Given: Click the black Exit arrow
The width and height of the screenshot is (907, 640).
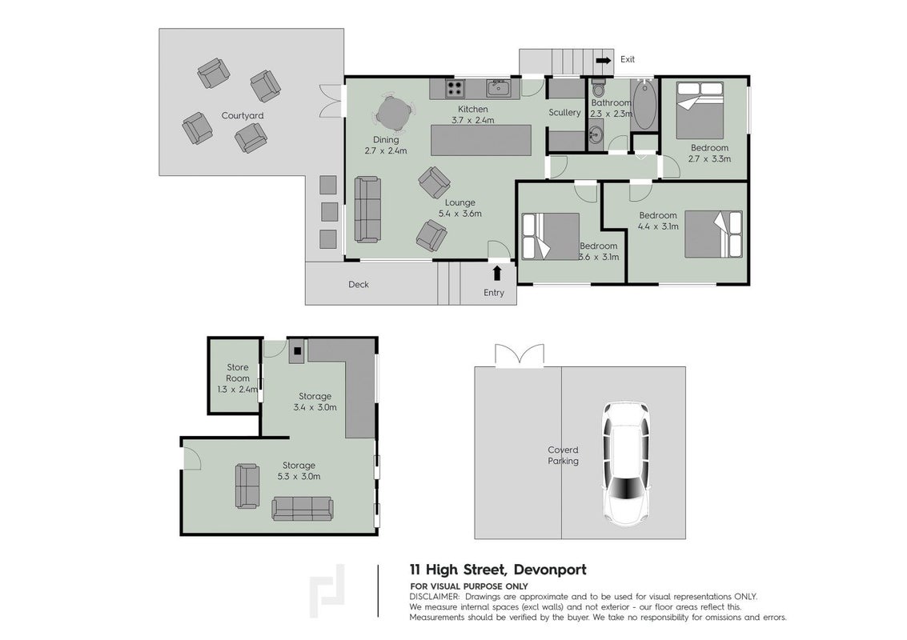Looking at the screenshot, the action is point(604,59).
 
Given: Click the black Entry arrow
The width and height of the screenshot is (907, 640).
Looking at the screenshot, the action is point(497,273).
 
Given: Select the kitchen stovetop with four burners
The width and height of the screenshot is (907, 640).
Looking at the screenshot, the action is point(454,89).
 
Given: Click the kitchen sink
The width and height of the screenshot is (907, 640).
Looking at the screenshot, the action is point(498,89).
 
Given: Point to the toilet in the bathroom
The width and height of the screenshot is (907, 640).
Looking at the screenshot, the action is point(598,89).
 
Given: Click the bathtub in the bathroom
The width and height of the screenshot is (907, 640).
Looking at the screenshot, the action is point(644,105).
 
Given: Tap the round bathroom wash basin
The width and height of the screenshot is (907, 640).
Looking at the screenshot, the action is point(595,136).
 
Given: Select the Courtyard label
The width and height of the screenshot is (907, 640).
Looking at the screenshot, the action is point(243,116).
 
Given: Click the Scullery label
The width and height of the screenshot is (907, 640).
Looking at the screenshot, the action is point(564,113).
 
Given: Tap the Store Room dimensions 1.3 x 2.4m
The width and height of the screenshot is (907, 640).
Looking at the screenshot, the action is point(238,390).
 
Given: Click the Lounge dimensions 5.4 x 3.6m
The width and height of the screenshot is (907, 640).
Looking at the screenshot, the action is point(460,214).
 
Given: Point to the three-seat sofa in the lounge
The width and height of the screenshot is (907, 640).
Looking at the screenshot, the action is point(367,210).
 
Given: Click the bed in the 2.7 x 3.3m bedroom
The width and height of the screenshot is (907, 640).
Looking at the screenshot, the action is point(700,110).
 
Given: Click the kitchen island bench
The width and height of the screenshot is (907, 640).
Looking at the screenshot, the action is point(480,140).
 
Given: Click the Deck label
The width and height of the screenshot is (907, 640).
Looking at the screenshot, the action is point(359,285).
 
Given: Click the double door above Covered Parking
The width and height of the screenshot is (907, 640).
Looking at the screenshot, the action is point(520,355).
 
